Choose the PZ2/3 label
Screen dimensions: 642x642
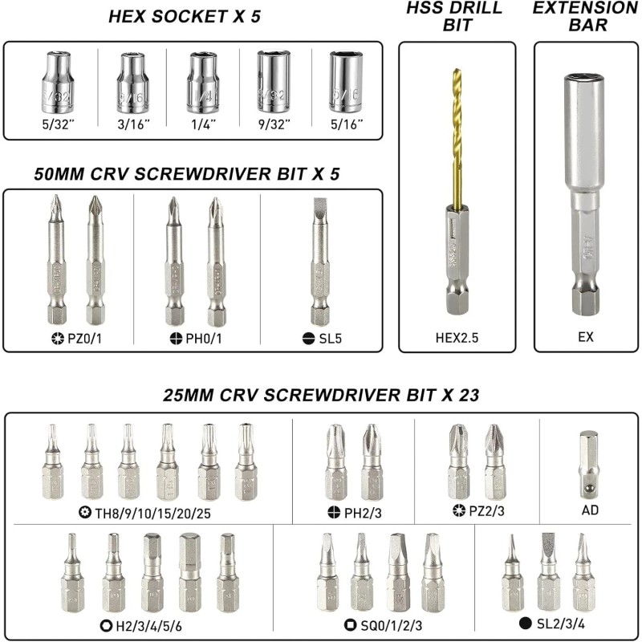pos(480,509)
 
